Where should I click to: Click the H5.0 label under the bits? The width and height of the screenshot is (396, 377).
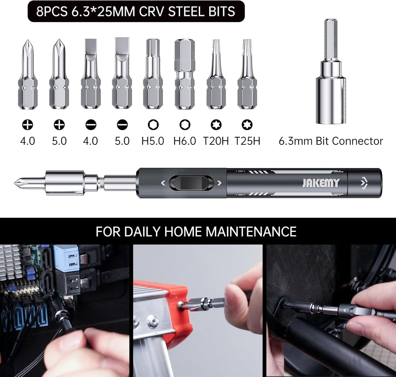(x=153, y=141)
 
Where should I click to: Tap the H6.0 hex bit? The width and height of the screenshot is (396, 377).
(x=184, y=74)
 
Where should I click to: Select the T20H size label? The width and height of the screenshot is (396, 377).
(x=216, y=141)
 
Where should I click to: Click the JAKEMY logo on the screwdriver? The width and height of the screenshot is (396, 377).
(x=321, y=183)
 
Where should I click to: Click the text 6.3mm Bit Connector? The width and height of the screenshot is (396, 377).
(x=331, y=141)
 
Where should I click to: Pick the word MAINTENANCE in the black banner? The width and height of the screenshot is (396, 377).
(x=251, y=231)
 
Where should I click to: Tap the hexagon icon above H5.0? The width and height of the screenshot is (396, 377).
(x=153, y=125)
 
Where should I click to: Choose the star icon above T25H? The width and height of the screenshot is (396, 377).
(x=247, y=125)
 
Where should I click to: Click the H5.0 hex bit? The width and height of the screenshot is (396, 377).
(x=153, y=74)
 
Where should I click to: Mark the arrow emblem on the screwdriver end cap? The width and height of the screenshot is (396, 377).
(x=364, y=183)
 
